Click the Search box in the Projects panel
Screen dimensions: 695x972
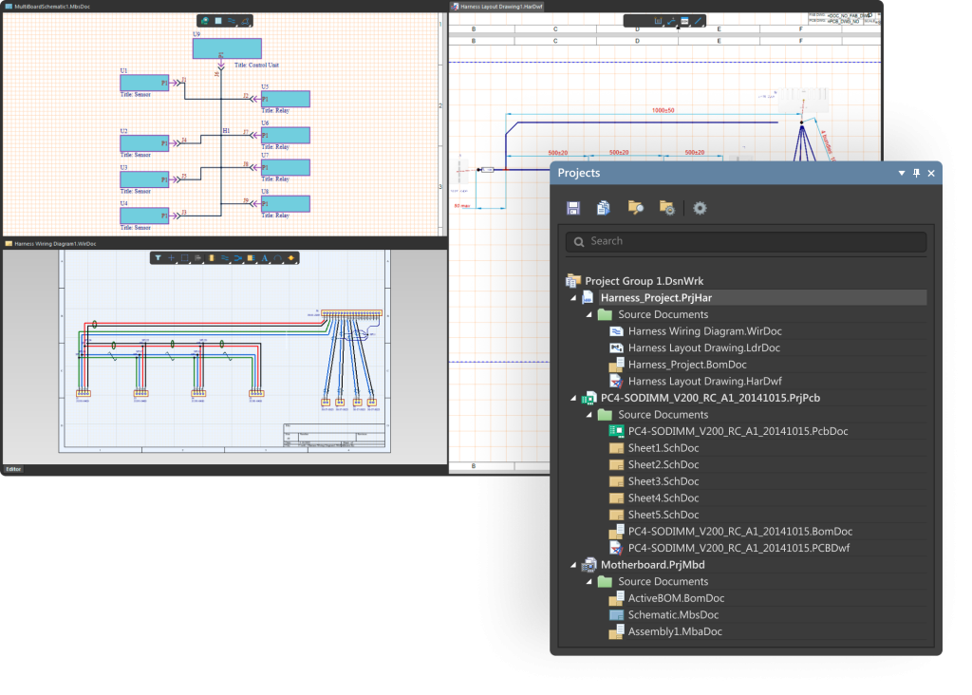click(x=745, y=241)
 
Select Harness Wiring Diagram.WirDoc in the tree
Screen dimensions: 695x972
click(x=704, y=331)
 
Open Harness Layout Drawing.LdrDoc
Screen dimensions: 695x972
click(x=703, y=348)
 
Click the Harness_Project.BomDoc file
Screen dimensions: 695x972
click(x=687, y=365)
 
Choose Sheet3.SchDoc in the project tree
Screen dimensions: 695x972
click(x=663, y=481)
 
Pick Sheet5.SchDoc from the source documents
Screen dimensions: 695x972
click(x=663, y=515)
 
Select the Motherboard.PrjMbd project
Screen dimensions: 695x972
click(x=652, y=565)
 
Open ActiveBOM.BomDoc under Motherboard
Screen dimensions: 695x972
click(x=676, y=598)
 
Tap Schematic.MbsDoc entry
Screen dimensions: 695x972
click(x=674, y=615)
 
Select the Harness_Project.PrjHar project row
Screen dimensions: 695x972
click(x=656, y=298)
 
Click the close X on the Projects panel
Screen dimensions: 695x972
click(x=931, y=174)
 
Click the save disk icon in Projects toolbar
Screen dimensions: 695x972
click(x=573, y=208)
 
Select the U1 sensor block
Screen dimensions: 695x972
click(x=144, y=83)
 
